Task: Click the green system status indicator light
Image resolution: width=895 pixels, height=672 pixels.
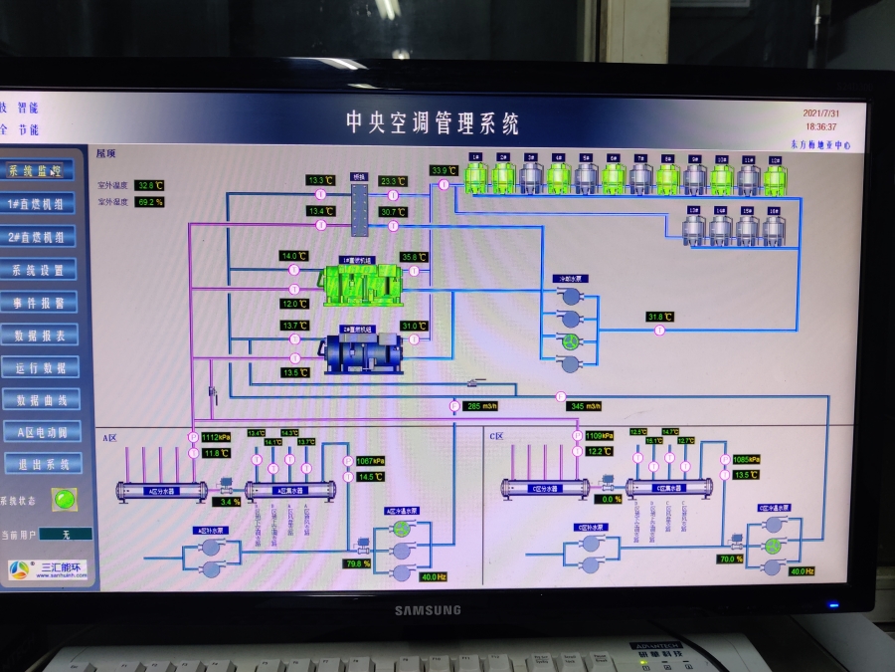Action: click(67, 498)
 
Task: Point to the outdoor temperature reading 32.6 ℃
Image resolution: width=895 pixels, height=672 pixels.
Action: click(149, 186)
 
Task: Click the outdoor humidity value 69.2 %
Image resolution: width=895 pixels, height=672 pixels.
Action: click(149, 202)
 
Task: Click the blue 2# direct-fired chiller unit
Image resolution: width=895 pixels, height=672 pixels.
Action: click(362, 353)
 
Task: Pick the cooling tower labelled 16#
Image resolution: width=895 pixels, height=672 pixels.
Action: click(774, 229)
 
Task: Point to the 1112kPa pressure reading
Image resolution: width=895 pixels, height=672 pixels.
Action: click(216, 437)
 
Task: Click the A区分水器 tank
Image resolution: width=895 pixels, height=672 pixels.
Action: click(161, 490)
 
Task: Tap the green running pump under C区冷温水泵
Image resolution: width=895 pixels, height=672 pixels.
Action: click(773, 545)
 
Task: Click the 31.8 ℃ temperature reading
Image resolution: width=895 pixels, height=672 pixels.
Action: click(659, 318)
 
